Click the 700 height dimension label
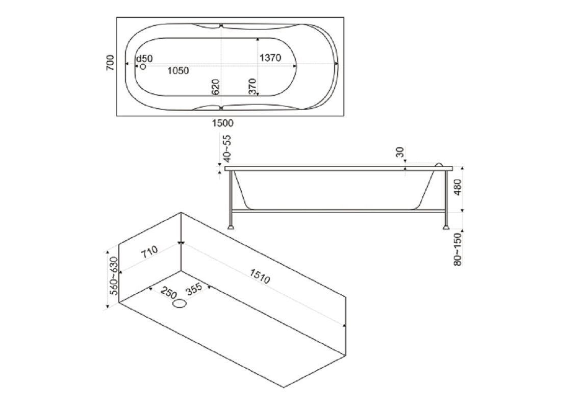tap(110, 63)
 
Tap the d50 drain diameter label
tap(144, 58)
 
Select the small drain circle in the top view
tap(143, 67)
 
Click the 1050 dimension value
tap(178, 70)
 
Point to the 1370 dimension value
tap(270, 58)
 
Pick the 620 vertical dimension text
tap(216, 87)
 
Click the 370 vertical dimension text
tap(252, 86)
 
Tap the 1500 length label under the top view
tap(223, 123)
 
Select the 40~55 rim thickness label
tap(227, 148)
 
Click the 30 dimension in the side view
tap(400, 152)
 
